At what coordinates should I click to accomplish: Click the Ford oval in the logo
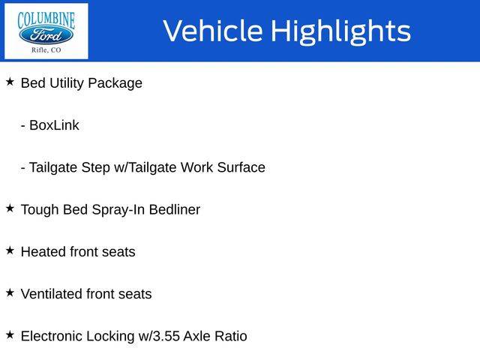(x=46, y=35)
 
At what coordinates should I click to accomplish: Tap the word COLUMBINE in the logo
(x=46, y=20)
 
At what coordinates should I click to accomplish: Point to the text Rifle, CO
(x=46, y=50)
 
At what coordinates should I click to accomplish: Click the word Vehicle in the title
(x=213, y=31)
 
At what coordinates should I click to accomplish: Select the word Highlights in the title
(x=340, y=31)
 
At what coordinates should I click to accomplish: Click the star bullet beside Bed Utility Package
(x=10, y=82)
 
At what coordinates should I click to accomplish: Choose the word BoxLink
(x=54, y=125)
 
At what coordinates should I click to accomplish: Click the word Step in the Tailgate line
(x=96, y=168)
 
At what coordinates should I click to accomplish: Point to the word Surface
(x=241, y=167)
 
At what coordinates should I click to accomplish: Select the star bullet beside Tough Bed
(x=10, y=208)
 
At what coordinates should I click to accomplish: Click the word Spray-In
(x=118, y=210)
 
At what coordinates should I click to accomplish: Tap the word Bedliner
(x=175, y=209)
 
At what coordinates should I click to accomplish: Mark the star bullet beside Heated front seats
(x=10, y=250)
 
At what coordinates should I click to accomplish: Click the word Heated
(x=43, y=252)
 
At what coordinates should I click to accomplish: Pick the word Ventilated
(x=52, y=294)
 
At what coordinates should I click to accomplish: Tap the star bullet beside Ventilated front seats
(x=10, y=293)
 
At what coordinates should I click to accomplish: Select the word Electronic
(x=52, y=336)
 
